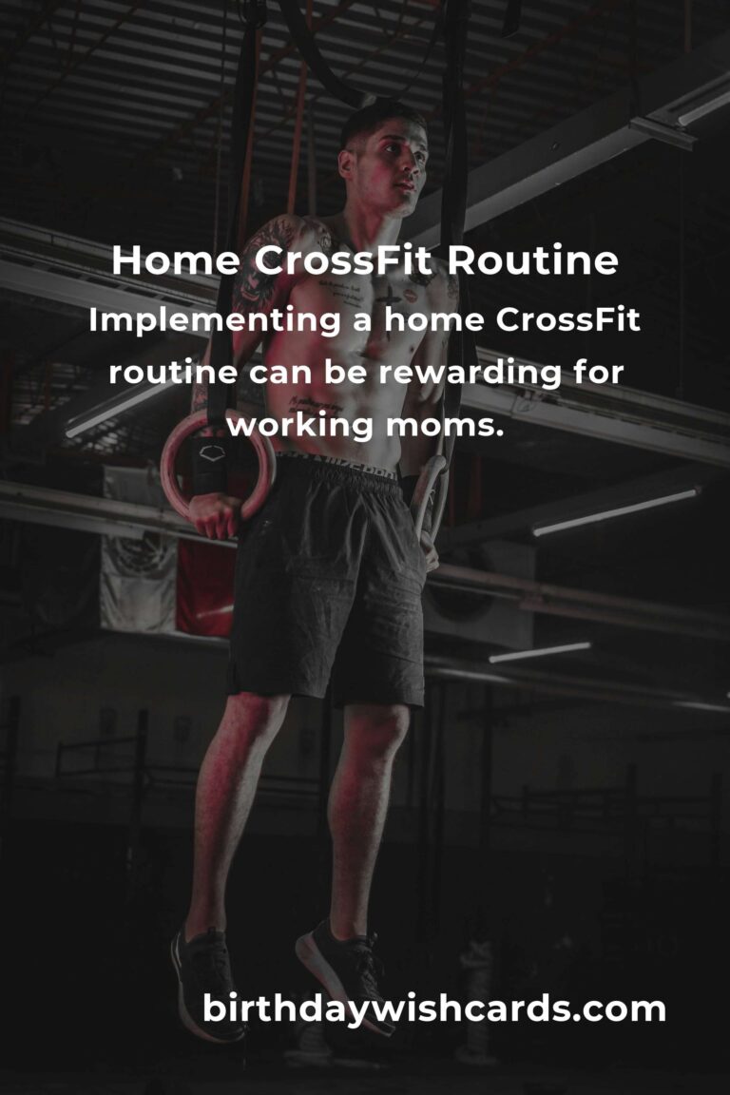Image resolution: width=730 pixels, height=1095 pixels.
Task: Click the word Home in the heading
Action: [175, 260]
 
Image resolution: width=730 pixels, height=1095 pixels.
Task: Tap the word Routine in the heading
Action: [532, 260]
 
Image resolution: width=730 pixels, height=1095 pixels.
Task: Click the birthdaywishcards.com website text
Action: [433, 1009]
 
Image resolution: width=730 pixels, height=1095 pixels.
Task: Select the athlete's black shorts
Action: [328, 579]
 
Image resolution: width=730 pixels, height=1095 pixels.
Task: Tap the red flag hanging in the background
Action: [204, 586]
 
